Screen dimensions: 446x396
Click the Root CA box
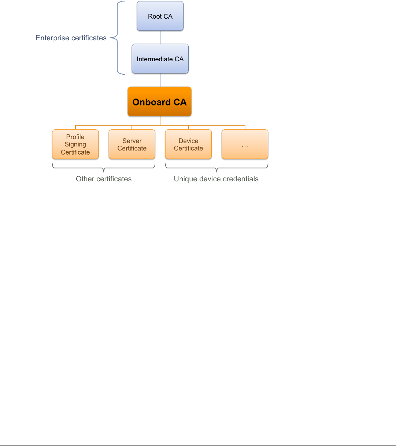pyautogui.click(x=160, y=16)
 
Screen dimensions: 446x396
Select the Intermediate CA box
pyautogui.click(x=160, y=59)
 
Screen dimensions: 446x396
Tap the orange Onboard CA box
pyautogui.click(x=159, y=102)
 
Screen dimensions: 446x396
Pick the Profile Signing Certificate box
pyautogui.click(x=75, y=144)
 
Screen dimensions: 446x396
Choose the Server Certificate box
pyautogui.click(x=132, y=144)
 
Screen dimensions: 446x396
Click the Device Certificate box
pyautogui.click(x=188, y=144)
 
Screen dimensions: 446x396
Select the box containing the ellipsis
pyautogui.click(x=245, y=144)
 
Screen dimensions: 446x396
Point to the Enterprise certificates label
pyautogui.click(x=71, y=38)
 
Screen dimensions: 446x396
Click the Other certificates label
pyautogui.click(x=104, y=179)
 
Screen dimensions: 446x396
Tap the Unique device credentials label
pyautogui.click(x=216, y=179)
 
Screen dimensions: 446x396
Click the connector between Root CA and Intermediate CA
pyautogui.click(x=160, y=37)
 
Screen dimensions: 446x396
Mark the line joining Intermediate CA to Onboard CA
pyautogui.click(x=160, y=80)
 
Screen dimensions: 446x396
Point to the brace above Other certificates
pyautogui.click(x=104, y=168)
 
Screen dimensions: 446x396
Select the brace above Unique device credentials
pyautogui.click(x=216, y=168)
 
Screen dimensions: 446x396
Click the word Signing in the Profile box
pyautogui.click(x=75, y=144)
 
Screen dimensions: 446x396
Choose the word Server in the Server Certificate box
pyautogui.click(x=132, y=141)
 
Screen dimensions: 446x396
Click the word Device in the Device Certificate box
pyautogui.click(x=188, y=141)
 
